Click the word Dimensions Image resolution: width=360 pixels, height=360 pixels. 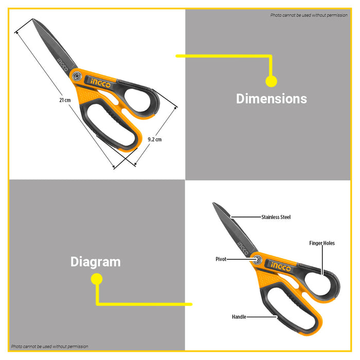pos(271,99)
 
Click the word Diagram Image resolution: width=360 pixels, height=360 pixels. pos(96,262)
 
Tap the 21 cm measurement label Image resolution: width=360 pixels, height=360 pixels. pos(64,100)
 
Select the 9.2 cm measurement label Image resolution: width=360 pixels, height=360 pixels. pos(154,139)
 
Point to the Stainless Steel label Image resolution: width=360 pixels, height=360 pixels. pos(276,217)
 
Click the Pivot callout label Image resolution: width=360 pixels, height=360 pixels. pos(221,259)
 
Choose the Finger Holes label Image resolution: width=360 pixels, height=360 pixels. pos(322,243)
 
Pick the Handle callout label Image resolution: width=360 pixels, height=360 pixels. pos(239,317)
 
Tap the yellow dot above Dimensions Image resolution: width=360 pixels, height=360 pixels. pos(271,81)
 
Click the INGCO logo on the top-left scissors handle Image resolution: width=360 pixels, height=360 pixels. pos(100,81)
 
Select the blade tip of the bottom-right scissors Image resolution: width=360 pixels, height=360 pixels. pos(214,204)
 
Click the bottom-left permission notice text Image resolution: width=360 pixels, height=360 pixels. pos(50,347)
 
